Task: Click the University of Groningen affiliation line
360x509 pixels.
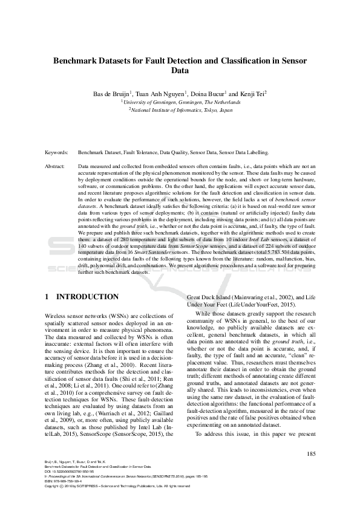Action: [x=180, y=103]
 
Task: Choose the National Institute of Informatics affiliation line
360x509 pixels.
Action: [x=180, y=111]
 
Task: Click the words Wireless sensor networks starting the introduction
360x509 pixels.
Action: [x=79, y=317]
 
